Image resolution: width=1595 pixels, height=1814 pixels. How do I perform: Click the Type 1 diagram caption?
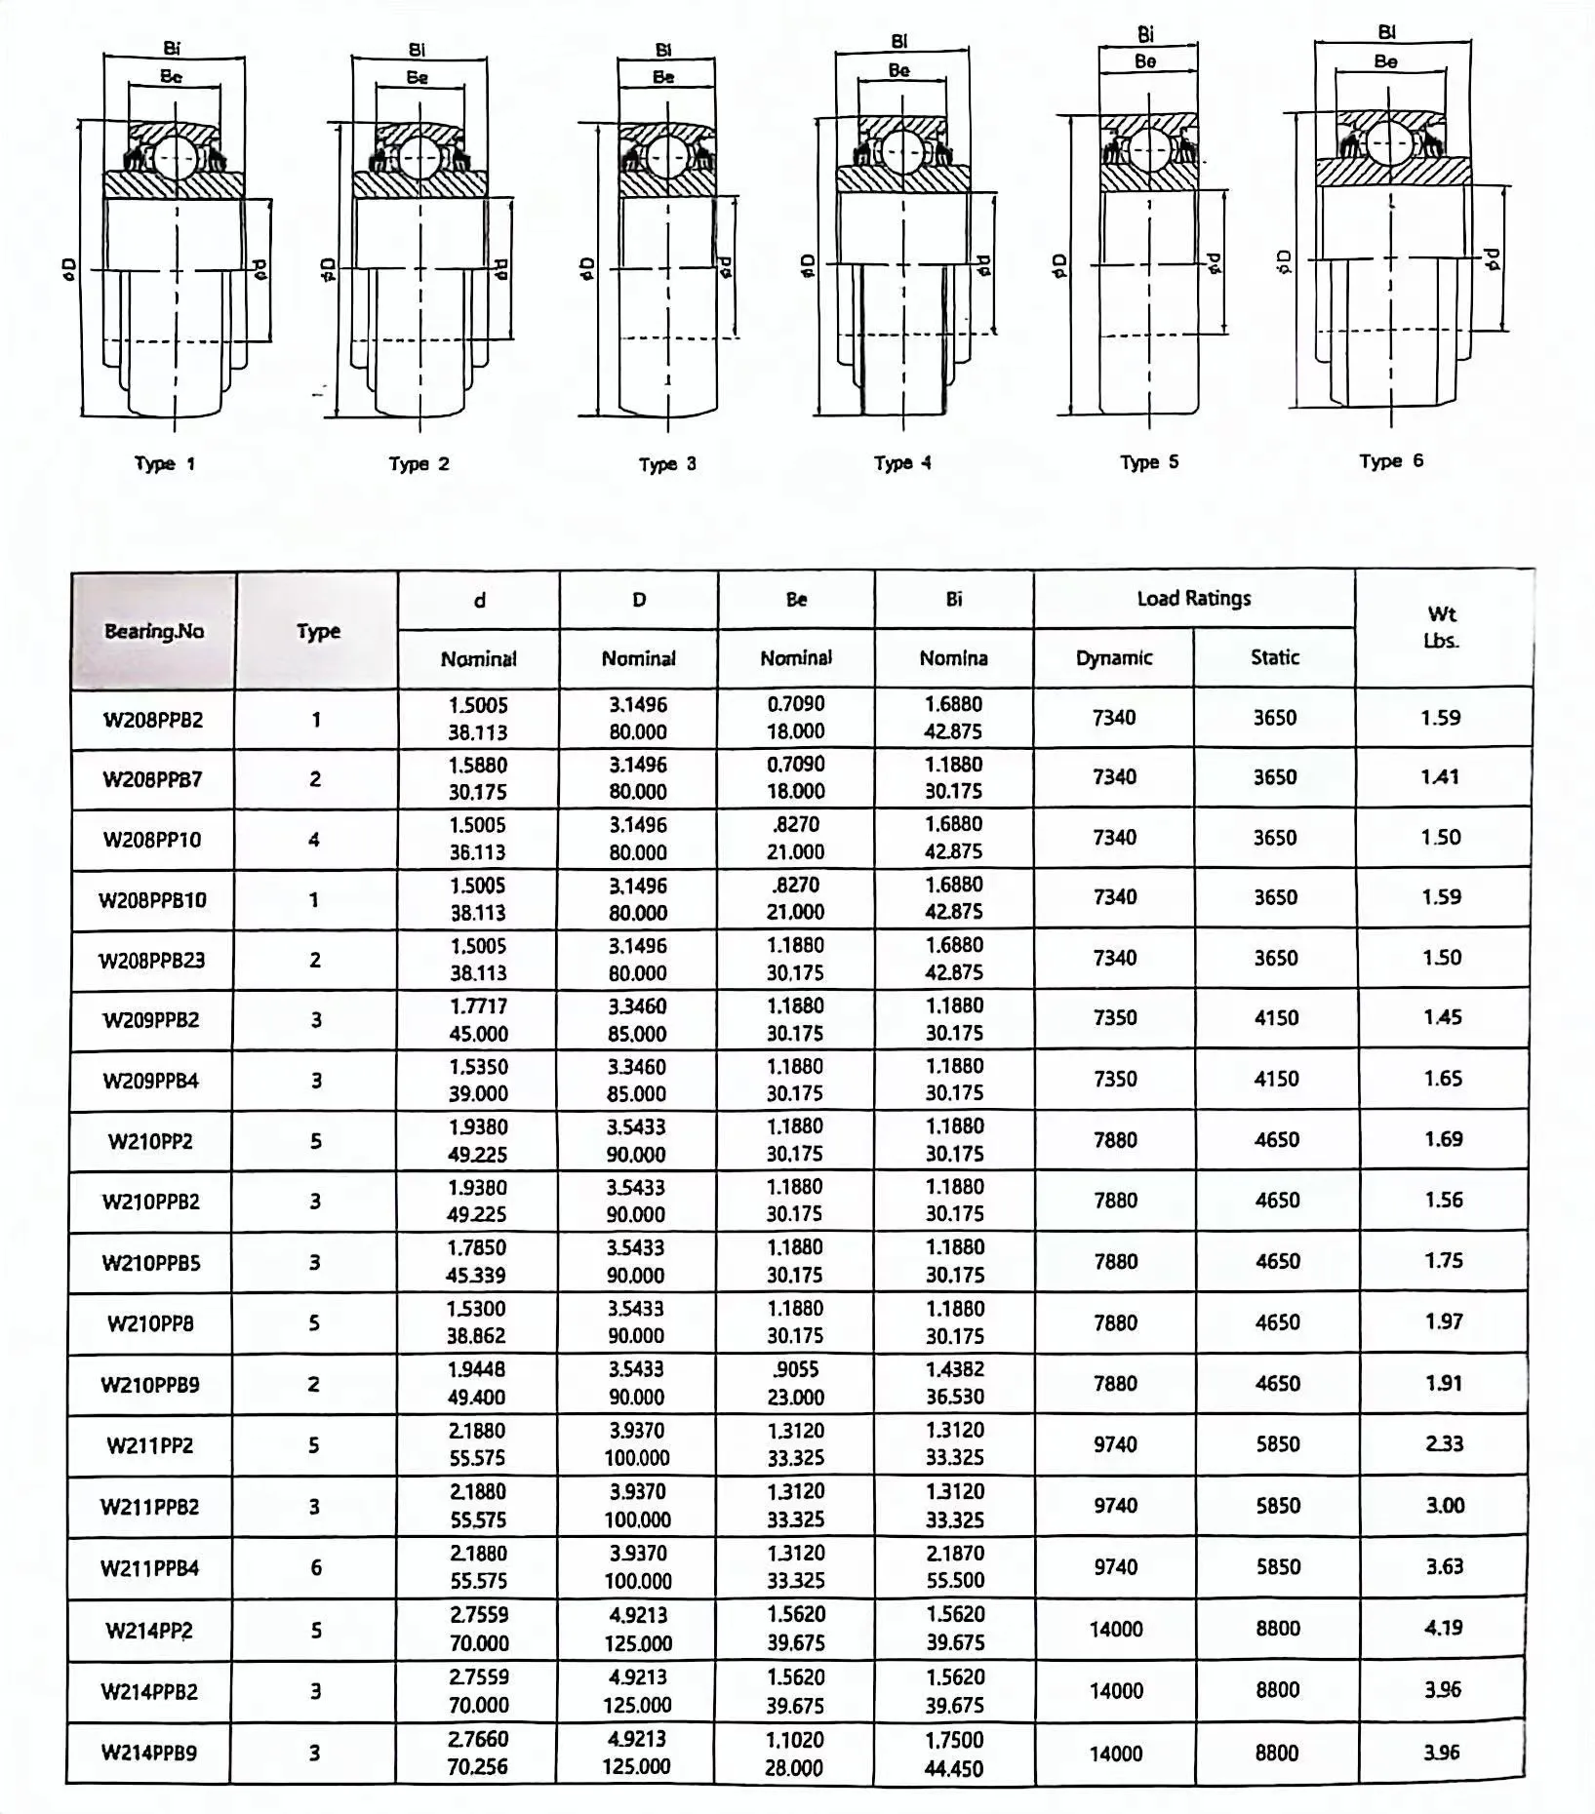[164, 464]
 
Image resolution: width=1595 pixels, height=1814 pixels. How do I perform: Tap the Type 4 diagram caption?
[902, 463]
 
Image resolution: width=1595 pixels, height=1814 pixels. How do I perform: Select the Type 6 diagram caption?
[1391, 461]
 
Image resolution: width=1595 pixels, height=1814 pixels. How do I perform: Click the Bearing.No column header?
[154, 631]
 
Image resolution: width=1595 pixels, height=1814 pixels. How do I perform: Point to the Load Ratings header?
[1193, 599]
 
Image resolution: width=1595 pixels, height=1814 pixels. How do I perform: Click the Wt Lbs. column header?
[1441, 627]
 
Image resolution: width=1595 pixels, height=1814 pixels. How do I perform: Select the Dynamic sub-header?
[1113, 658]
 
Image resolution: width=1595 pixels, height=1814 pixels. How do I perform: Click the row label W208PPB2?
[153, 721]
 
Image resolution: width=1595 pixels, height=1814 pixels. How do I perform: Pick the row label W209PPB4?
[151, 1081]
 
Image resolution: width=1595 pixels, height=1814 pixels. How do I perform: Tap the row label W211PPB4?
[149, 1568]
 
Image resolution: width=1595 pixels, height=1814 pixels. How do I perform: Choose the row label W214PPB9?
[149, 1753]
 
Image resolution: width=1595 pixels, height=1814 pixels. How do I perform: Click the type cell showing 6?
[314, 1567]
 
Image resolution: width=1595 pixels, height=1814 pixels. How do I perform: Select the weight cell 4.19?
[1443, 1628]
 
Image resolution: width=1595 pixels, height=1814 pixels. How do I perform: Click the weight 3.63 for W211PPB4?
[1443, 1566]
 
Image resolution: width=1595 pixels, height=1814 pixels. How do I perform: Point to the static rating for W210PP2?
[1276, 1140]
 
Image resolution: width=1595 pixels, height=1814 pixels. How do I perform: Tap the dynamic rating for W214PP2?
[1115, 1629]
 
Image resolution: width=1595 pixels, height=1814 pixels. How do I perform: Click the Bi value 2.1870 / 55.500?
[954, 1566]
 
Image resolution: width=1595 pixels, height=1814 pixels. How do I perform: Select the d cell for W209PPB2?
[478, 1019]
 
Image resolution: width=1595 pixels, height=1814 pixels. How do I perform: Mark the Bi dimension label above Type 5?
[1146, 34]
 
